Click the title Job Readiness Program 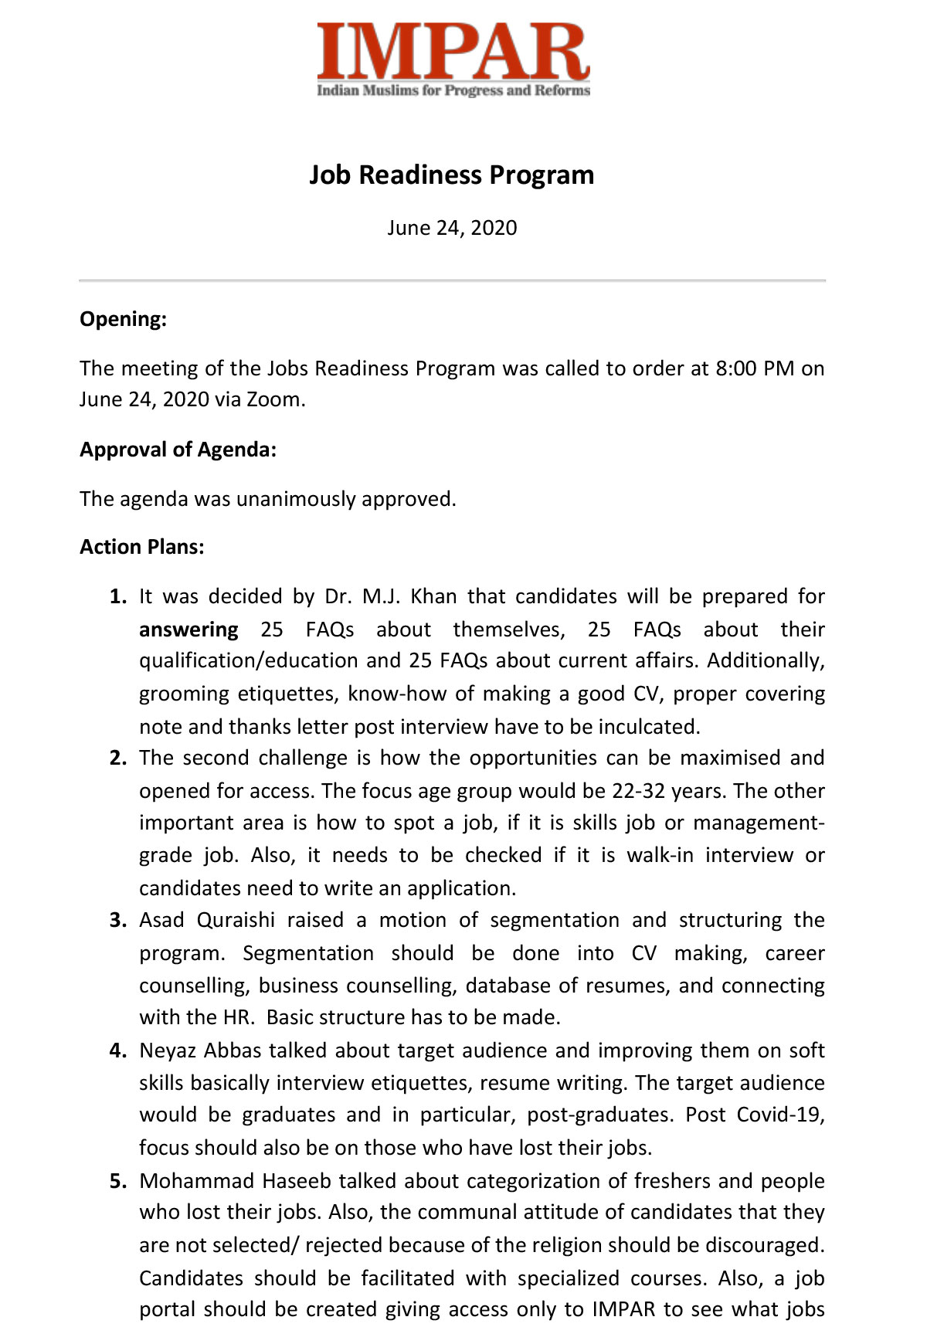point(452,175)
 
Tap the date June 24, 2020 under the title point(452,228)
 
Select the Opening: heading point(123,319)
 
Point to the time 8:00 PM point(755,368)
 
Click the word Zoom point(273,399)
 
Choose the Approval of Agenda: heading point(178,450)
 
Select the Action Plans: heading point(141,547)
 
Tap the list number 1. point(117,597)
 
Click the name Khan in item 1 point(433,597)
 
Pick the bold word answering point(188,630)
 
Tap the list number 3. point(117,921)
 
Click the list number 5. point(117,1181)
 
